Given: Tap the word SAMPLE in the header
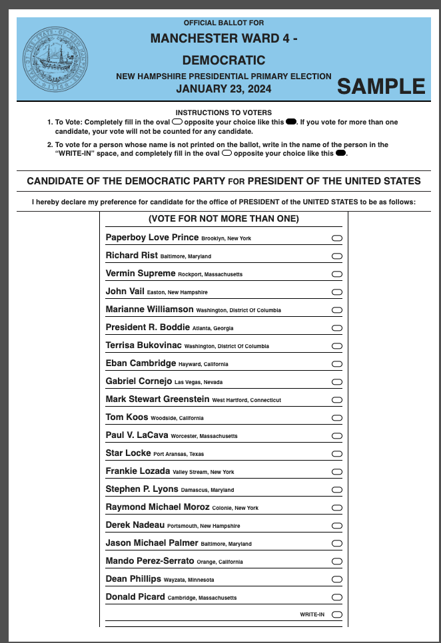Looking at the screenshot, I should point(381,87).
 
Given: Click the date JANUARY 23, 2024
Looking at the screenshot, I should point(223,88).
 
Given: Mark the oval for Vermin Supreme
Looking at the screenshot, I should point(336,274).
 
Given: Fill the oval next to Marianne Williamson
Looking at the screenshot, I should point(336,310).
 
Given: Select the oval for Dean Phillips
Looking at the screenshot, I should point(336,579).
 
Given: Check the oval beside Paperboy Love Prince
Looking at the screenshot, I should point(336,238).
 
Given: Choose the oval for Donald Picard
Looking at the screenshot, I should point(336,597).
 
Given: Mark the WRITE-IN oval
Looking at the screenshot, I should point(336,614).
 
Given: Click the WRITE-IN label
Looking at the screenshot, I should point(312,614).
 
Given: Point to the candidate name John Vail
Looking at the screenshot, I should point(125,292).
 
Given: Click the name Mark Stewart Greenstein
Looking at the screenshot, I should point(157,399).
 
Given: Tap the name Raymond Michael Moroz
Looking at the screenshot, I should point(157,507).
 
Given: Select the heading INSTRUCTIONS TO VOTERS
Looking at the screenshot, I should point(223,113).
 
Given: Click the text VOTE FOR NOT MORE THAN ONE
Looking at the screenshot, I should point(223,219).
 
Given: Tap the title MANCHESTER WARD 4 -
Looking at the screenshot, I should point(223,39).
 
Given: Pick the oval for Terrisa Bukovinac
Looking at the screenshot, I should point(336,345).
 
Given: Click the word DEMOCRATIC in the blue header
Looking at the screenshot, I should point(223,60).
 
